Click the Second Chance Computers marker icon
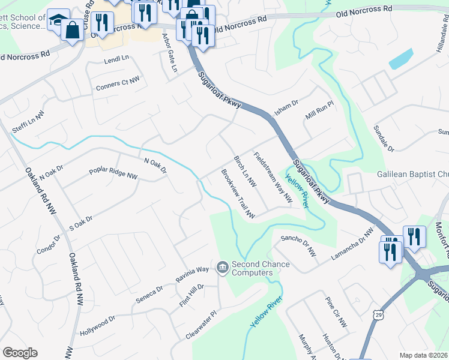pyautogui.click(x=223, y=266)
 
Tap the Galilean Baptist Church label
pyautogui.click(x=412, y=174)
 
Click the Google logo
pyautogui.click(x=20, y=353)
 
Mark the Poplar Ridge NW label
pyautogui.click(x=113, y=173)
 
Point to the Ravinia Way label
pyautogui.click(x=192, y=274)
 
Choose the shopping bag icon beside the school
pyautogui.click(x=72, y=31)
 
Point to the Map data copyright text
pyautogui.click(x=424, y=355)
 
